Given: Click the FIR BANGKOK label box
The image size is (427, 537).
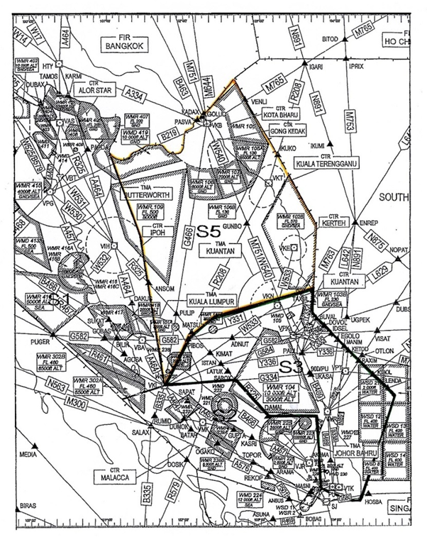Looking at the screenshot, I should point(121,43).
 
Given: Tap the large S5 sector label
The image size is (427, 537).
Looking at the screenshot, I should point(209,231).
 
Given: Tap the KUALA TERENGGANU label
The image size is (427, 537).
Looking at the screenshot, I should point(331,162).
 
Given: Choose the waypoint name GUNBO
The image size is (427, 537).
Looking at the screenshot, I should point(232,224).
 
